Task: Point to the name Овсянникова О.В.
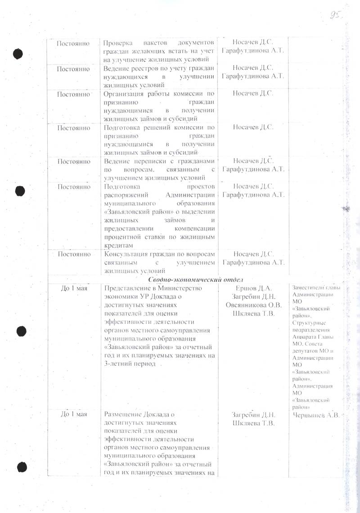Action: pos(252,305)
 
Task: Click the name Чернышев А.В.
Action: pos(316,415)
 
